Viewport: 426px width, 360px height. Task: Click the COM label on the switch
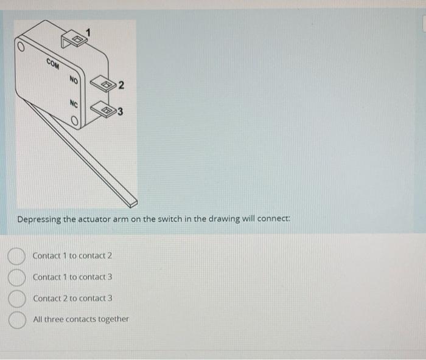tap(53, 63)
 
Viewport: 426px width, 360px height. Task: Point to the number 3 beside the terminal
tap(120, 111)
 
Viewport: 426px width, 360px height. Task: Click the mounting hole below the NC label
tap(74, 122)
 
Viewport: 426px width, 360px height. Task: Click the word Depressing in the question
tap(40, 220)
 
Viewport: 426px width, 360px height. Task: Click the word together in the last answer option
tap(113, 319)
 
